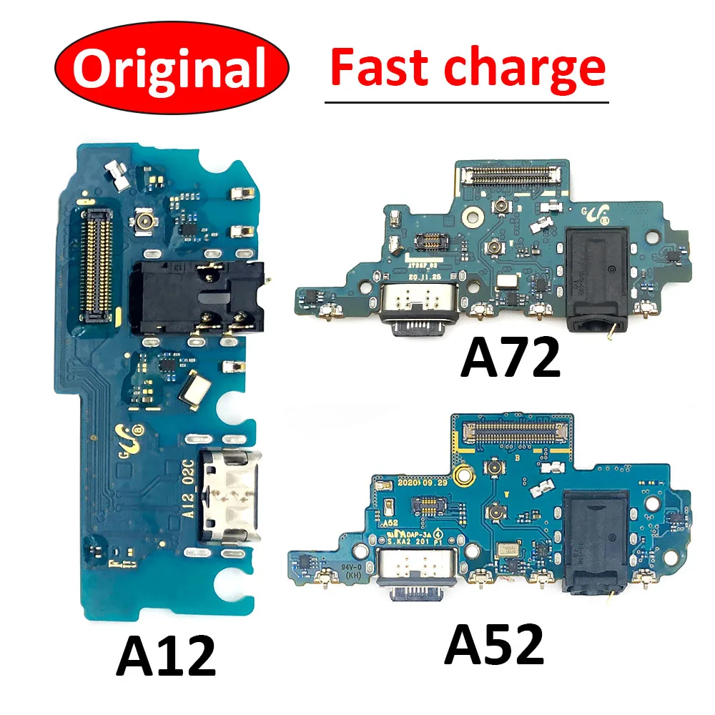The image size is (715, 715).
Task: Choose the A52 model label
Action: tap(494, 645)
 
